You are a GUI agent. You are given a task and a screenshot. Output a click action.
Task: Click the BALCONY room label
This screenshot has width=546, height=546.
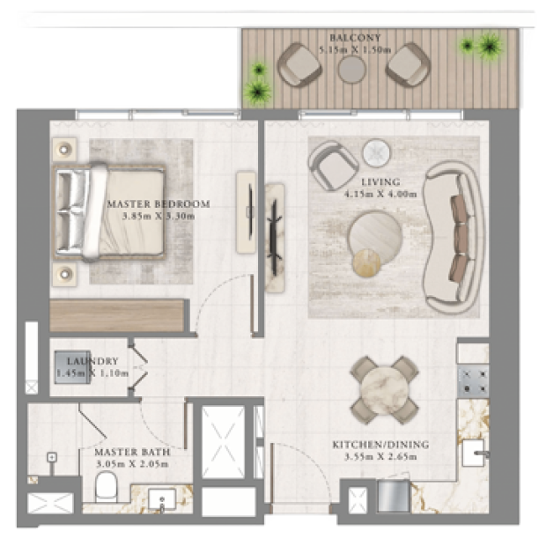click(355, 38)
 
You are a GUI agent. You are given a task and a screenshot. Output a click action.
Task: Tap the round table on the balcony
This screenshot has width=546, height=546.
click(352, 69)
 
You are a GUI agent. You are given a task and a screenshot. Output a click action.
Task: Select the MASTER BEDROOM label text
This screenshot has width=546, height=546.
click(159, 203)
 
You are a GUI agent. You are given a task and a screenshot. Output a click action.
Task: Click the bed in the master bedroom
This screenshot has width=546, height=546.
click(109, 212)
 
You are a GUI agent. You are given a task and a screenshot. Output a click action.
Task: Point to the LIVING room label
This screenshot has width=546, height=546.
click(380, 181)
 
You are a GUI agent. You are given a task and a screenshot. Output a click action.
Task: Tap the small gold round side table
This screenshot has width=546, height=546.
click(366, 263)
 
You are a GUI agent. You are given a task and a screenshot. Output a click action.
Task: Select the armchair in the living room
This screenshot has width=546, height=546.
click(333, 166)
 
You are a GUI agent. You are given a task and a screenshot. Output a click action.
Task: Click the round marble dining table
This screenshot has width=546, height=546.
click(385, 389)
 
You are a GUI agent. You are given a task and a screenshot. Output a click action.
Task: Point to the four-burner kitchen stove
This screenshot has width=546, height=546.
click(473, 381)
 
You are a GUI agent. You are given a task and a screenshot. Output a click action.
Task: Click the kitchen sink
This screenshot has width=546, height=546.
click(474, 453)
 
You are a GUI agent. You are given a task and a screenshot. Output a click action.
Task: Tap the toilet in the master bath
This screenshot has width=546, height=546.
click(107, 486)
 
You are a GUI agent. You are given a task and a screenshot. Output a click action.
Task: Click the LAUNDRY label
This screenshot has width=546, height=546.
click(92, 361)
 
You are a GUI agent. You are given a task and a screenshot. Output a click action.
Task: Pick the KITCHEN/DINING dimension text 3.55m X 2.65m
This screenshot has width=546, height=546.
click(380, 456)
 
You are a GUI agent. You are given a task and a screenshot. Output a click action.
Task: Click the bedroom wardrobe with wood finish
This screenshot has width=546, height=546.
click(117, 315)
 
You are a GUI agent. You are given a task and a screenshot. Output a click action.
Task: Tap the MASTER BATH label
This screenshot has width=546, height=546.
click(132, 452)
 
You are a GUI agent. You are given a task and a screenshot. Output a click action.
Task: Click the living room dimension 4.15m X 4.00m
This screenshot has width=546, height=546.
click(380, 194)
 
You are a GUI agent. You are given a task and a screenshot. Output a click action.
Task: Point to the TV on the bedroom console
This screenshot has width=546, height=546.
click(250, 211)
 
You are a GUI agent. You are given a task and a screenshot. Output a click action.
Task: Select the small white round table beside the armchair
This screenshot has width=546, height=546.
click(376, 153)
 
